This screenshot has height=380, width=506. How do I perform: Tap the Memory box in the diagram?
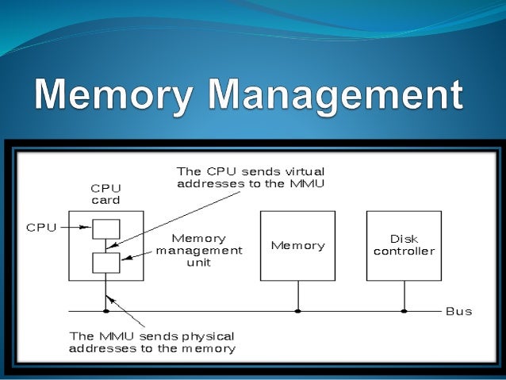tap(298, 245)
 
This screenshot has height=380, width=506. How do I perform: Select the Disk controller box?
tap(404, 245)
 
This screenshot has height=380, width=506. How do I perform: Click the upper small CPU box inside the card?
tap(106, 228)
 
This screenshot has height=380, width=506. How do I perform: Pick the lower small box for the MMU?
tap(106, 262)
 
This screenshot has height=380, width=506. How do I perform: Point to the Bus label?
tap(458, 311)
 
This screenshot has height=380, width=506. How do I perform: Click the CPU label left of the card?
tap(41, 228)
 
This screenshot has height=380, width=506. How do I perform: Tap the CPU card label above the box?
tap(105, 194)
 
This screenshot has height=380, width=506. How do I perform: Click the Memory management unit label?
tap(198, 250)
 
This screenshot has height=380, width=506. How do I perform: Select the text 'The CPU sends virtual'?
tap(250, 171)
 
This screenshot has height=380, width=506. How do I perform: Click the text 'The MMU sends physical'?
tap(151, 336)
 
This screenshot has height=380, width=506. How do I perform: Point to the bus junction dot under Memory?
tap(298, 311)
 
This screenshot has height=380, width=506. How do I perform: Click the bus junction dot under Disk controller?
tap(404, 311)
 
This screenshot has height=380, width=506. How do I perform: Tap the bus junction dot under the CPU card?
tap(106, 311)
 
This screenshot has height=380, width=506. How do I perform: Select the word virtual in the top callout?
tap(302, 171)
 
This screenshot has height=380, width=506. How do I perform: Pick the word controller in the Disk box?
tap(404, 251)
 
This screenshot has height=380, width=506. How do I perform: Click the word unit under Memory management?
tap(198, 263)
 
